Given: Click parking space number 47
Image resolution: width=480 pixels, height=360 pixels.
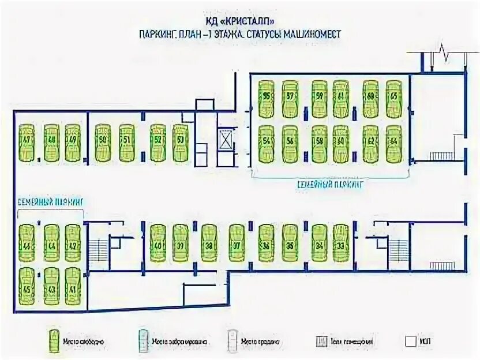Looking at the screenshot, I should pos(26,142).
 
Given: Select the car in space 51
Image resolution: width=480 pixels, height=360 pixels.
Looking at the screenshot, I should pos(127,142).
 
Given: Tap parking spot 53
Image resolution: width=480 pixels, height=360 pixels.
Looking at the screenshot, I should pos(180,142).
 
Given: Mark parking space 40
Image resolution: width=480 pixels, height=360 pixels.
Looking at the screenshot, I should pos(157,243).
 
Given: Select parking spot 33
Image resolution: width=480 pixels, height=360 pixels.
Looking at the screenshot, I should pos(342,243).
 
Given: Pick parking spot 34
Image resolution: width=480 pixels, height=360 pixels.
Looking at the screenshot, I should pos(318,243).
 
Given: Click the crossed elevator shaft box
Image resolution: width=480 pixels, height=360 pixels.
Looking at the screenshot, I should pos(225,140).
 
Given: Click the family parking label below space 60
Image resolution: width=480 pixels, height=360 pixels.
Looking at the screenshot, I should pos(331,184).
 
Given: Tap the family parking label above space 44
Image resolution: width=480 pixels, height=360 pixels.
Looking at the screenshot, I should pos(50,201).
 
